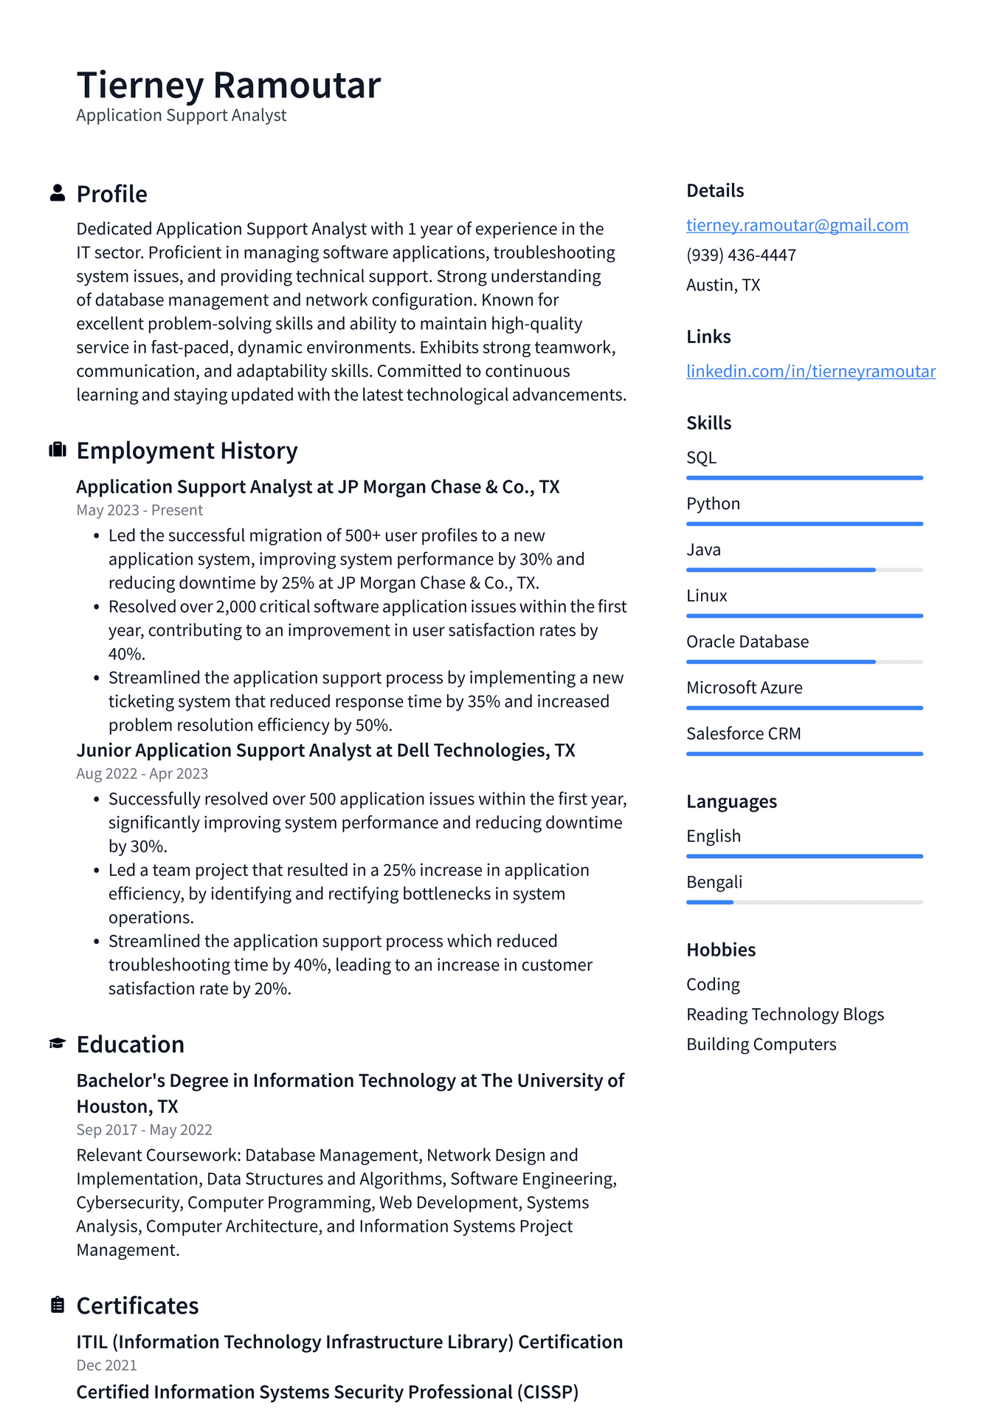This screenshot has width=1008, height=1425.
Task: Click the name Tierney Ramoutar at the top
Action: click(x=229, y=86)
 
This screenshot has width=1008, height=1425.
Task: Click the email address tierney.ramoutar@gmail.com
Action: click(x=797, y=225)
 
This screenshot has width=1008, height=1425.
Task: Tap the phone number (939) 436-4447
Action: click(x=741, y=255)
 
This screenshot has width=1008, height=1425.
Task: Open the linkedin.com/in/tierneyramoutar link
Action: click(x=810, y=371)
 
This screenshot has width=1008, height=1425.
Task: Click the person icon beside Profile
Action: click(x=58, y=193)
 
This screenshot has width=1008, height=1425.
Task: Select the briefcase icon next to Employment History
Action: click(x=58, y=450)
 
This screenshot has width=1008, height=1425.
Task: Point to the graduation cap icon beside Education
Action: click(x=58, y=1043)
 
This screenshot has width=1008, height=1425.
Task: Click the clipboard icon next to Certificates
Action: click(x=58, y=1305)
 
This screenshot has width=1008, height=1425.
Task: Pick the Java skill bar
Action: click(x=804, y=570)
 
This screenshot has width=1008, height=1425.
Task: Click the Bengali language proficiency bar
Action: click(x=804, y=902)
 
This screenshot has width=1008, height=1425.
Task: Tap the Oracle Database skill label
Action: click(x=747, y=642)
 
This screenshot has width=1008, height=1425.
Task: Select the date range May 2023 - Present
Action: click(x=139, y=511)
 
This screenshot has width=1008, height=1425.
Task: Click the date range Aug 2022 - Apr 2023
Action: click(x=142, y=774)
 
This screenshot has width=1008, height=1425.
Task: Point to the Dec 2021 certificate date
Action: click(x=106, y=1366)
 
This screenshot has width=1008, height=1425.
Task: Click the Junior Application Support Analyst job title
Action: click(x=325, y=751)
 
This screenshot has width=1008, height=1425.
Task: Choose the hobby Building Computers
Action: click(x=761, y=1045)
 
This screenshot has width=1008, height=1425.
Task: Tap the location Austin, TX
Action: click(x=722, y=286)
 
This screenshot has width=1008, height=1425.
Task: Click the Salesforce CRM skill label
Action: click(x=743, y=734)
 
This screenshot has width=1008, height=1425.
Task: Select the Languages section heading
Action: click(x=731, y=801)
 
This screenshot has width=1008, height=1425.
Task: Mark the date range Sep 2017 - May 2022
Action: click(x=144, y=1131)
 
